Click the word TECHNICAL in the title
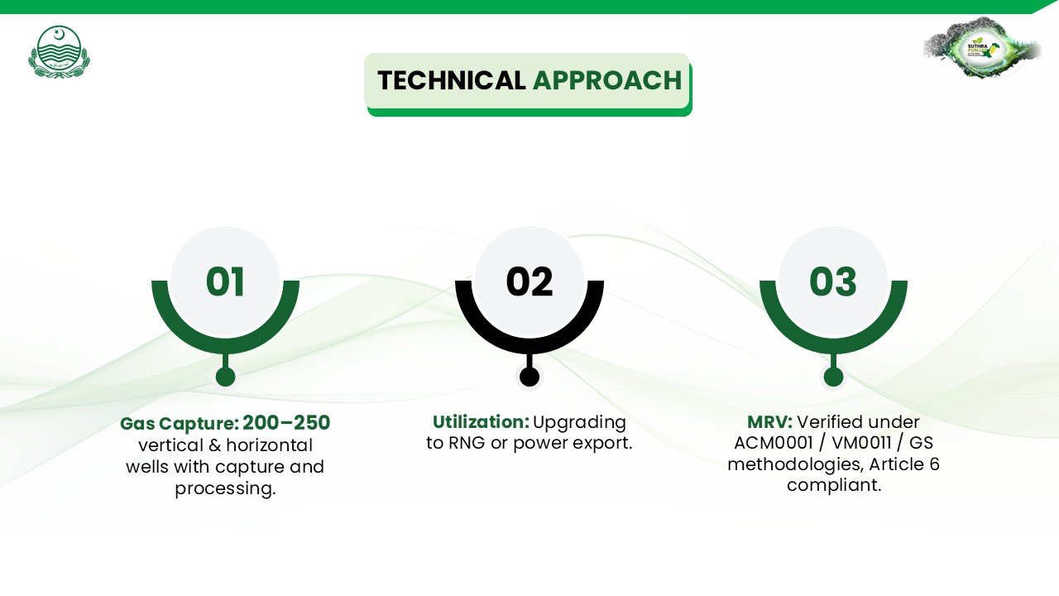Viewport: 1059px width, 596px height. [x=451, y=80]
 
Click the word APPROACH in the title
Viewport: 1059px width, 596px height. [x=607, y=80]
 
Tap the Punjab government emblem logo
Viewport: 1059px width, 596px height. [x=58, y=51]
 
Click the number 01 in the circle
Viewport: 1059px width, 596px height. [x=225, y=282]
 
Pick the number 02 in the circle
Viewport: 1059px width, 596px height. [x=529, y=282]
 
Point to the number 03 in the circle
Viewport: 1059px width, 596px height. [x=833, y=282]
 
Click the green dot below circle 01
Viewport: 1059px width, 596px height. [x=225, y=377]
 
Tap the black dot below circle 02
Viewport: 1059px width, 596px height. [x=529, y=377]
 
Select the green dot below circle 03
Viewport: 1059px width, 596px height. [x=833, y=377]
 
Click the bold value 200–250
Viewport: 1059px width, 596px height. [x=286, y=423]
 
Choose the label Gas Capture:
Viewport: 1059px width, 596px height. [x=180, y=424]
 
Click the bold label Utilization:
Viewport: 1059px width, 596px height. [x=481, y=422]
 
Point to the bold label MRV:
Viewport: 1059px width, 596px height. [x=769, y=422]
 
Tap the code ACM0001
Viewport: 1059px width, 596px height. [x=773, y=443]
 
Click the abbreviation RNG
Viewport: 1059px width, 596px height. [x=467, y=443]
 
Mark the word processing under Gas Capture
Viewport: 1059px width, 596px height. [x=225, y=488]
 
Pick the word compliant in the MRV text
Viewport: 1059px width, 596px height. [x=834, y=486]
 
